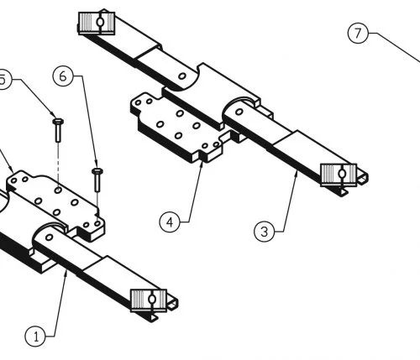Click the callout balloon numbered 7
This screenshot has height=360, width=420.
tap(358, 33)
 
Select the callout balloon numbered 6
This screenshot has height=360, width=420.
tap(63, 76)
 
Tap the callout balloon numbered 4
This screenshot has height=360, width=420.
tap(170, 222)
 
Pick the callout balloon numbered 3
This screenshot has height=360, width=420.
tap(265, 232)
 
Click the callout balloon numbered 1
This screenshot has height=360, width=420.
tap(35, 337)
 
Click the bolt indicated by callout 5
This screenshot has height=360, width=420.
tap(58, 130)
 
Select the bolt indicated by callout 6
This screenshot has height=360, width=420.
tap(97, 180)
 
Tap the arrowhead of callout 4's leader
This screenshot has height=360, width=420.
tap(202, 164)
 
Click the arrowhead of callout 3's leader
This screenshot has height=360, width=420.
tap(297, 173)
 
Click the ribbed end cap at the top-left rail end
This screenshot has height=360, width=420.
tap(97, 23)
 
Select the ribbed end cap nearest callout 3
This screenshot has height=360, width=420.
tap(339, 175)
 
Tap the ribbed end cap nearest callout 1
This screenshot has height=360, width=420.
tap(149, 300)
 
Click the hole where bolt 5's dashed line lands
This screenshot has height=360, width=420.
tap(58, 190)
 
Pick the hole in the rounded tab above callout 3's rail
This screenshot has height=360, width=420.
tap(239, 112)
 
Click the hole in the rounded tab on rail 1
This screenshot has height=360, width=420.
tap(49, 237)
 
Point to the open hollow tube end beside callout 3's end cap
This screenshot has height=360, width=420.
tap(363, 178)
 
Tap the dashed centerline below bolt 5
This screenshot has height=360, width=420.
tap(58, 164)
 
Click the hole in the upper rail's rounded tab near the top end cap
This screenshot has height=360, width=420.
tap(182, 76)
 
